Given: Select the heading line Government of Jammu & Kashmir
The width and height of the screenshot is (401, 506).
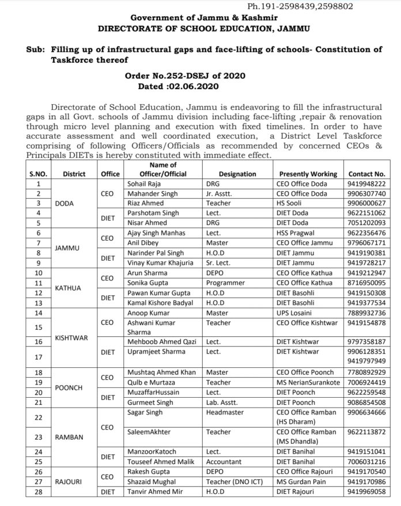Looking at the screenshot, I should [x=200, y=17].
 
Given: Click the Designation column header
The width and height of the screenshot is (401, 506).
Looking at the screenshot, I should [x=237, y=174].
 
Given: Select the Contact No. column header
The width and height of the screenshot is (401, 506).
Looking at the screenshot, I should [x=366, y=174].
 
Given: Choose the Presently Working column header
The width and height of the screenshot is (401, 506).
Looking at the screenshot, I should [x=308, y=174].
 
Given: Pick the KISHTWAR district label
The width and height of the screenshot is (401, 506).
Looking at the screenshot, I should [x=71, y=338].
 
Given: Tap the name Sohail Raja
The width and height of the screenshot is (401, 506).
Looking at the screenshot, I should [x=142, y=184].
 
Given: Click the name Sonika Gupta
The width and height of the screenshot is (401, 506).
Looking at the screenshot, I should [x=146, y=283].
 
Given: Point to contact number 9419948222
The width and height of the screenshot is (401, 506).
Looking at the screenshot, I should [x=366, y=184].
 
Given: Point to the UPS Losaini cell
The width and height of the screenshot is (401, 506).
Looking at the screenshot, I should [x=296, y=313].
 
